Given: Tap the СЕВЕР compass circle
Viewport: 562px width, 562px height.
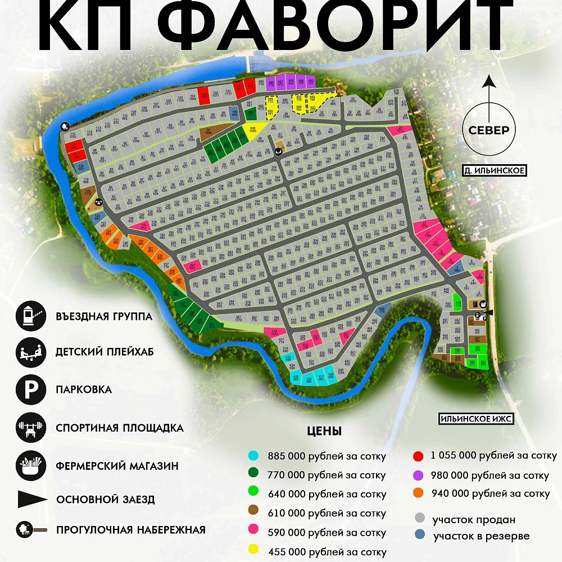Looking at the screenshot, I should click(488, 130).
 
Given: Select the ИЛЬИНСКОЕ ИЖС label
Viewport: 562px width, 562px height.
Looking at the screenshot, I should click(477, 419).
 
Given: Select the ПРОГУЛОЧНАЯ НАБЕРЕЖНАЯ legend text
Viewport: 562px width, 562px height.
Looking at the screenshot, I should click(130, 530).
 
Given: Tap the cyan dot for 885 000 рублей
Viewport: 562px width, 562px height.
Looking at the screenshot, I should click(253, 456).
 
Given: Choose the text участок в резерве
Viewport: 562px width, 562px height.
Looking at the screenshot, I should click(481, 536).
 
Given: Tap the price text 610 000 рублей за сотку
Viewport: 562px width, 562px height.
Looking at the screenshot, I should click(327, 513).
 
